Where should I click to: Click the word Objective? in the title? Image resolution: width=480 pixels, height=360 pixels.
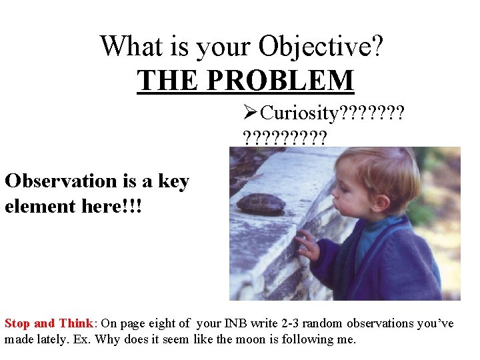pos(321,47)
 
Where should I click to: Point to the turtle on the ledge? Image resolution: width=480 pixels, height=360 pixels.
pos(261,203)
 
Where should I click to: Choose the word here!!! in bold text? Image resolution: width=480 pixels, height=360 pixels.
pos(112,206)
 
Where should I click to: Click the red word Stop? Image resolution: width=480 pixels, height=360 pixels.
pos(17,323)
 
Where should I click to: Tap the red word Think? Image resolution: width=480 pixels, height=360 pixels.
pos(75,323)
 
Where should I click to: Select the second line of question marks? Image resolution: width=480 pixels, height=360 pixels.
pos(285,138)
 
